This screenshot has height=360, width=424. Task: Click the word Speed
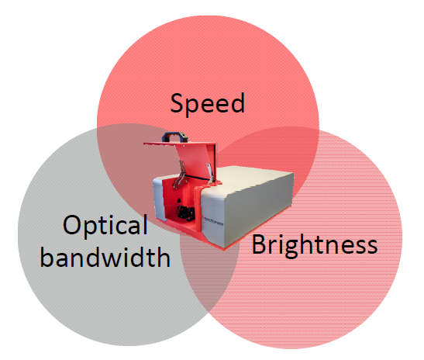(x=208, y=104)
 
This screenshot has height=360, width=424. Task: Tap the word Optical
(x=105, y=226)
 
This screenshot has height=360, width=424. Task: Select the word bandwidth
(x=105, y=256)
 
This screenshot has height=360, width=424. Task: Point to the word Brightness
(x=315, y=245)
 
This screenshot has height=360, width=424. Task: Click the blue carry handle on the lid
(x=175, y=137)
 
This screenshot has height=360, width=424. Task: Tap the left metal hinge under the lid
(x=180, y=175)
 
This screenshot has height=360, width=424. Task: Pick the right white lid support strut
(x=210, y=173)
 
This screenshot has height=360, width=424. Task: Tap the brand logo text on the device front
(x=214, y=220)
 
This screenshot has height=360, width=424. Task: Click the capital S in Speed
(x=178, y=102)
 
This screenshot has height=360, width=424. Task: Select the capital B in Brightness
(x=259, y=244)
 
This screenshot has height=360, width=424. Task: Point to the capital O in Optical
(x=72, y=225)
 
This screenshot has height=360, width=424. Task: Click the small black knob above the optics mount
(x=178, y=201)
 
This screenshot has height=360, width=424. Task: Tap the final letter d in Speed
(x=238, y=102)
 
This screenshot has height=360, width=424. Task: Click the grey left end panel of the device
(x=157, y=197)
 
